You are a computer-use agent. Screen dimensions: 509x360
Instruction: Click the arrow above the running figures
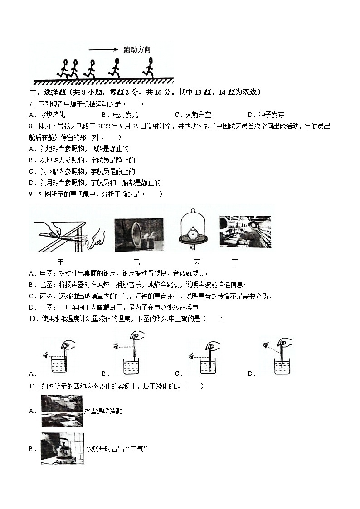[x=104, y=50]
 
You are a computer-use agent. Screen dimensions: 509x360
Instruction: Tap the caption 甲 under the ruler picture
[x=61, y=262]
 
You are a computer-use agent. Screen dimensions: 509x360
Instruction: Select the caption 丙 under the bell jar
[x=196, y=262]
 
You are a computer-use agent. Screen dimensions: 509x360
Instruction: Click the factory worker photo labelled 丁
[x=245, y=232]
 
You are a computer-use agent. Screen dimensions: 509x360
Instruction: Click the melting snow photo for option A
[x=62, y=411]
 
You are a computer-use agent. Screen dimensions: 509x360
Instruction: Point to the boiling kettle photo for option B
[x=62, y=448]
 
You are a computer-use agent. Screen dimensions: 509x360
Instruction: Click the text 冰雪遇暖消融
[x=103, y=412]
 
